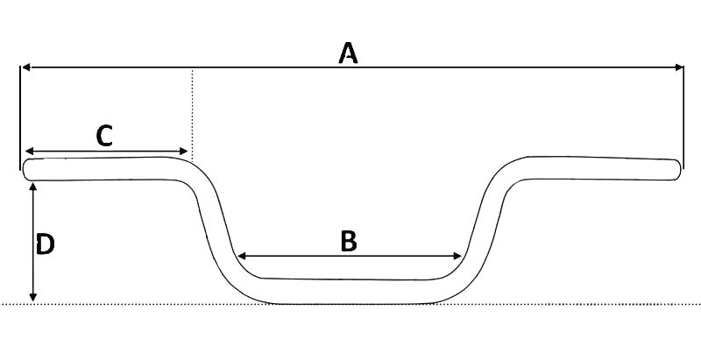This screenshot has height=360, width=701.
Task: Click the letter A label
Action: click(349, 54)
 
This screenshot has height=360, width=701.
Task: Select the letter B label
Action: click(349, 241)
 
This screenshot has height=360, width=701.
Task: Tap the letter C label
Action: click(104, 136)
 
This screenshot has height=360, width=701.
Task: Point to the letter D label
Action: click(46, 244)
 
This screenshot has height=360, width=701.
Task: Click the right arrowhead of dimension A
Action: click(677, 67)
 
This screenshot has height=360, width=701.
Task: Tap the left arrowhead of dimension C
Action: click(29, 151)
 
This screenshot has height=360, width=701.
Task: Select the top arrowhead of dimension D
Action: click(33, 188)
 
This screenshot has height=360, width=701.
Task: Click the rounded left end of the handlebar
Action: click(28, 169)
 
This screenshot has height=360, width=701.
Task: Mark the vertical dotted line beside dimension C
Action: click(191, 114)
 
